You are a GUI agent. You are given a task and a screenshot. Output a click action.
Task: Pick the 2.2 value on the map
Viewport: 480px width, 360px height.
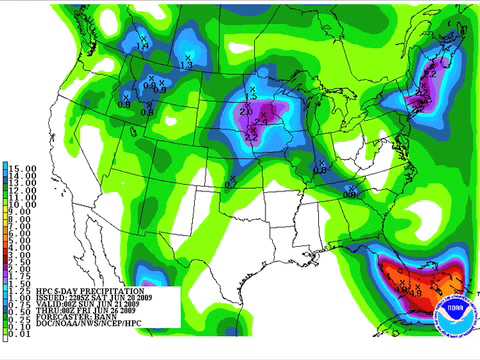[250, 133]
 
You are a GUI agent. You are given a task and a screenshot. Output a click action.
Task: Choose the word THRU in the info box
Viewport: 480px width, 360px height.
[56, 313]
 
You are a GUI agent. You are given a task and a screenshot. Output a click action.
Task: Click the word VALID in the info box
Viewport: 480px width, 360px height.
[56, 306]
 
